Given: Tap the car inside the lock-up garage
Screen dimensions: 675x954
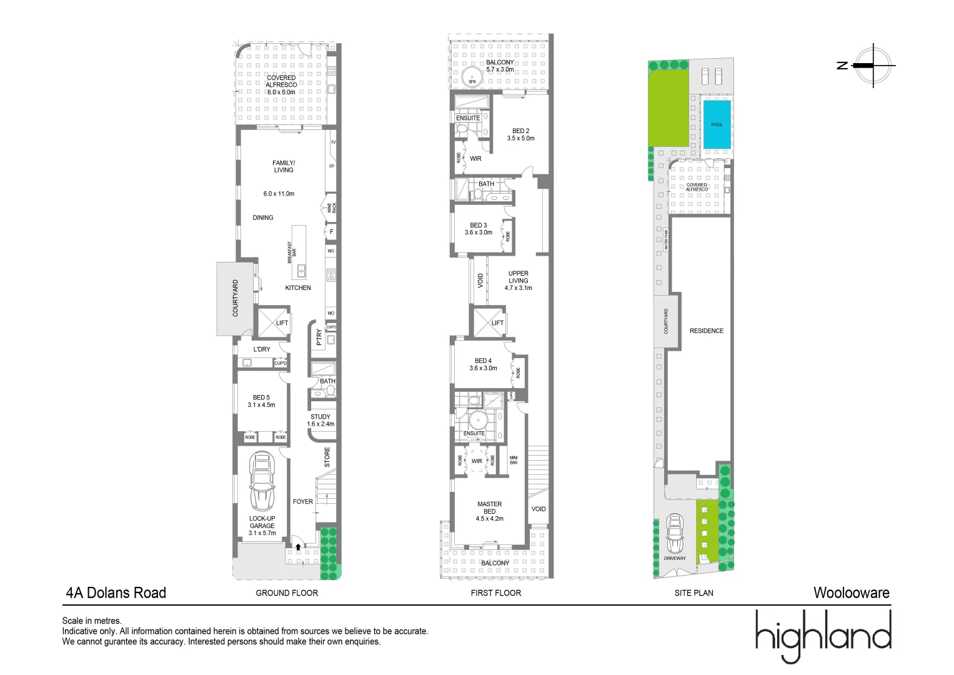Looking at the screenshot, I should click(262, 481).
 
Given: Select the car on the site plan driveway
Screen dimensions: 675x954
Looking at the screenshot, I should click(675, 532).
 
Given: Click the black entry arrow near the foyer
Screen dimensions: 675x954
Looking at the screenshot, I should click(298, 547).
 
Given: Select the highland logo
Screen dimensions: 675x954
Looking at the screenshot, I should click(823, 636).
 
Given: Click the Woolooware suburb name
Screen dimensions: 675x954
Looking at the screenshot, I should click(851, 592).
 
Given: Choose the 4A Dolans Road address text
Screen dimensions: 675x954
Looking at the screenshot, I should click(116, 592).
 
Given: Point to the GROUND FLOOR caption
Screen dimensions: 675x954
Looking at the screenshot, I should click(287, 592).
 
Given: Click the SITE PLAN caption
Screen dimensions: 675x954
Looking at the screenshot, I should click(693, 592).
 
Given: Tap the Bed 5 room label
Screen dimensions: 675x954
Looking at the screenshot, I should click(261, 401).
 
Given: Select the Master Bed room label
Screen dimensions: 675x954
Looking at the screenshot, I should click(489, 511).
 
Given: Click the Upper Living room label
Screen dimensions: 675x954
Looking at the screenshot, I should click(518, 281).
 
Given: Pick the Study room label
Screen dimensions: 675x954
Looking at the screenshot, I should click(320, 420).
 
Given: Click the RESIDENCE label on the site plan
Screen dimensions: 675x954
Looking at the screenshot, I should click(707, 331).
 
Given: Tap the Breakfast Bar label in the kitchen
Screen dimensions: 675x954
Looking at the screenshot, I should click(292, 252).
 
